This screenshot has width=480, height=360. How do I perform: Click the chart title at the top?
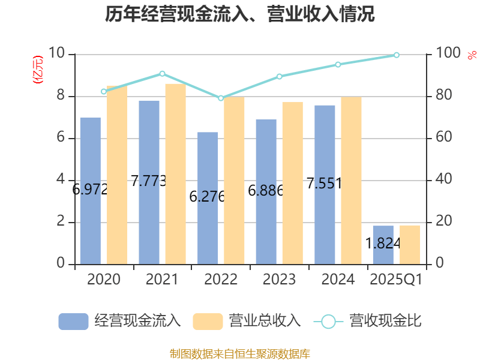point(240,14)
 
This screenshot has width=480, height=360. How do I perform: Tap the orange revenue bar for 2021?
point(175,173)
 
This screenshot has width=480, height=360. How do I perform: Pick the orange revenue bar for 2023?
point(292,183)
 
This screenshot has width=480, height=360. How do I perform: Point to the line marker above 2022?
point(221,98)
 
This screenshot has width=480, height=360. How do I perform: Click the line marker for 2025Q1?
point(397,55)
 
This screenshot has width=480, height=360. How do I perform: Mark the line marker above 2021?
point(162,74)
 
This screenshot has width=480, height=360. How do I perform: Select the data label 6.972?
point(90,190)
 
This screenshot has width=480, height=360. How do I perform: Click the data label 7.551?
point(324,184)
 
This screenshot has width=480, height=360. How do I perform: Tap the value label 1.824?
point(383,243)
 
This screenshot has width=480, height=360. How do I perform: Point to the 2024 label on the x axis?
point(338,280)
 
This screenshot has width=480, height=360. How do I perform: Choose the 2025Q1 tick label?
point(397,280)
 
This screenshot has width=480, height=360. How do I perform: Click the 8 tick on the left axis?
point(61,96)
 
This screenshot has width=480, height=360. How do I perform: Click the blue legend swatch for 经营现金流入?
point(74,322)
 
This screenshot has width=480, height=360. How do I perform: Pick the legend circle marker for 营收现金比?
point(328,322)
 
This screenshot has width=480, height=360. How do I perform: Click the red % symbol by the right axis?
point(470,56)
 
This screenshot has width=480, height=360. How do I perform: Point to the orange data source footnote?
point(240,353)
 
